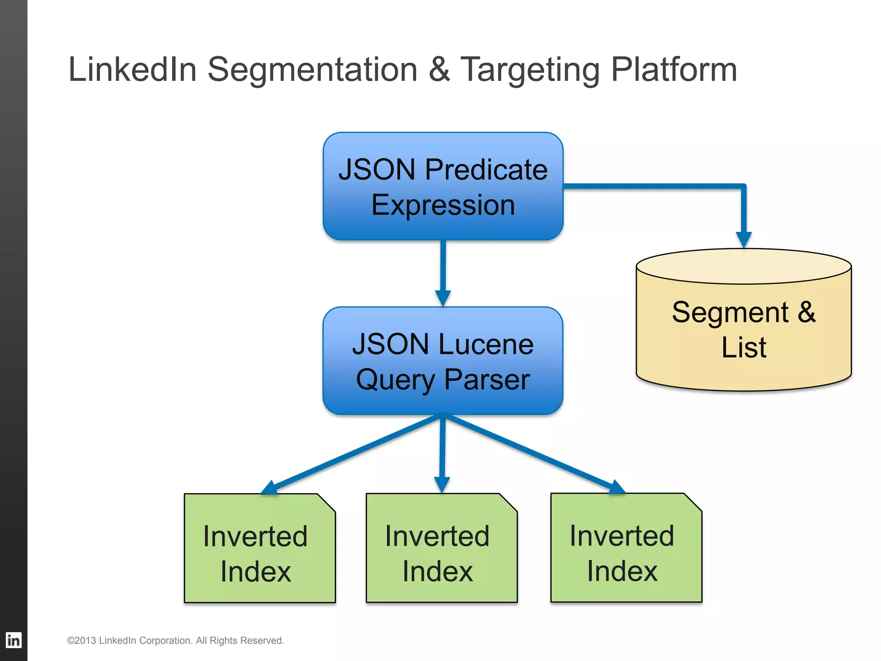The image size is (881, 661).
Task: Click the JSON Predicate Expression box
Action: (x=443, y=186)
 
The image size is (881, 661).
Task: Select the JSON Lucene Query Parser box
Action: (x=443, y=361)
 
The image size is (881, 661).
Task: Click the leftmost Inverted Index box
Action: (x=259, y=548)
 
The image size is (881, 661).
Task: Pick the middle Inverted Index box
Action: (x=441, y=548)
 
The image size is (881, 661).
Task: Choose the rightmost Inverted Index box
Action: (x=626, y=548)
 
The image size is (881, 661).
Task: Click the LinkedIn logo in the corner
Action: (x=13, y=640)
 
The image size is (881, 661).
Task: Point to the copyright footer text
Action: (x=176, y=640)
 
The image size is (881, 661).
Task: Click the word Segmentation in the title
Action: (x=313, y=70)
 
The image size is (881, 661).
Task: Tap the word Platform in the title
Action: (x=674, y=70)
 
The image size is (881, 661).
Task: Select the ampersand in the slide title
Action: (x=439, y=70)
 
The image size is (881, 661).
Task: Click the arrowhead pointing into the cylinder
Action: (x=744, y=239)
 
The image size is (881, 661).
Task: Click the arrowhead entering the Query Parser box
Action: (x=443, y=298)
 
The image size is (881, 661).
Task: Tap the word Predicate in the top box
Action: (x=486, y=170)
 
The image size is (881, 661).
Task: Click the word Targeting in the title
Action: (x=530, y=70)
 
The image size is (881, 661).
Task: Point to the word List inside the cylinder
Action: (x=744, y=347)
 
